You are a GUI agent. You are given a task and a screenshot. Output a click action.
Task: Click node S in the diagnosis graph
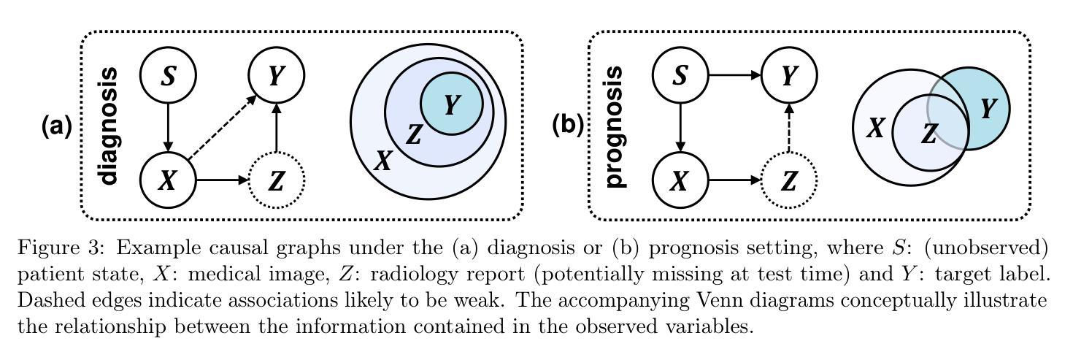169,75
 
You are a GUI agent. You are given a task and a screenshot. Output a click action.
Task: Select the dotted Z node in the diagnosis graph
277,180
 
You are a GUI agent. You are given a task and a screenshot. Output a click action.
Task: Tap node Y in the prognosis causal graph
789,75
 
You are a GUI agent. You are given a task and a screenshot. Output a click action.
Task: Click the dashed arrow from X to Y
221,127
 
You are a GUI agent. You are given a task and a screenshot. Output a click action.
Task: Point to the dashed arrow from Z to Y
789,129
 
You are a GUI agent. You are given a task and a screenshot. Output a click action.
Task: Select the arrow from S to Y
734,75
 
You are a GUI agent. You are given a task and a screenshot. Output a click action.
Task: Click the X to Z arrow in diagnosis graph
223,180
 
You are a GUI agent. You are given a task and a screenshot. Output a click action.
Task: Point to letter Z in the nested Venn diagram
414,134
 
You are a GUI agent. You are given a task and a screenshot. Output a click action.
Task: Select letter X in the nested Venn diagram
382,161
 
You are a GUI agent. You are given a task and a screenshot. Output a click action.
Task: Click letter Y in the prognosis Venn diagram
988,110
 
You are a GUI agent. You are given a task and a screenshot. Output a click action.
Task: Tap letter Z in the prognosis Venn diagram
928,134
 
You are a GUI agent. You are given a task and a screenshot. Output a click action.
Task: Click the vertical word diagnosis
108,126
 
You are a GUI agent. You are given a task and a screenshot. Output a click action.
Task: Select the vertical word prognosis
615,126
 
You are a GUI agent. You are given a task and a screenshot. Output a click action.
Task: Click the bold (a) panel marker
56,126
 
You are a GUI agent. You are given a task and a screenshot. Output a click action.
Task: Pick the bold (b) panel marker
567,126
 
